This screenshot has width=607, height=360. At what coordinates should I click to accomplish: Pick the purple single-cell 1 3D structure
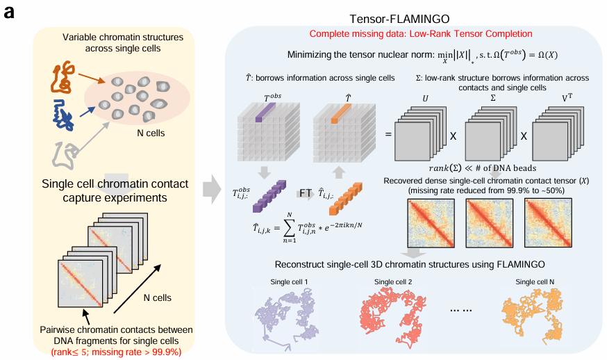coord(285,317)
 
